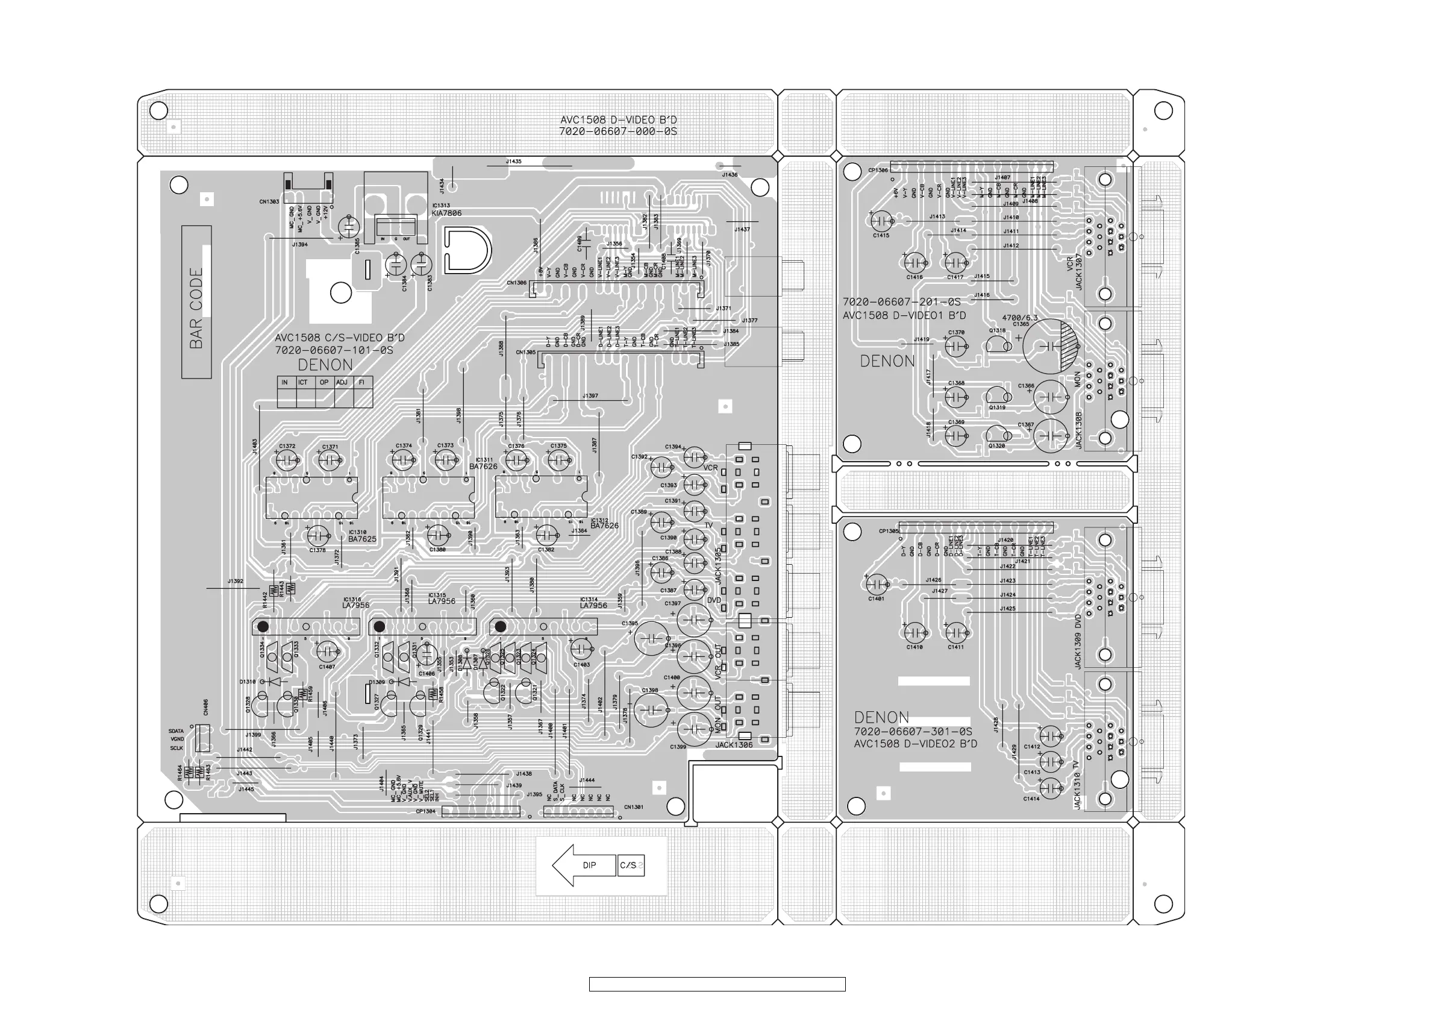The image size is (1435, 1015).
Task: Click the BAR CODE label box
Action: tap(196, 302)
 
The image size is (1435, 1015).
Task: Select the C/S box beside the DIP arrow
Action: tap(630, 865)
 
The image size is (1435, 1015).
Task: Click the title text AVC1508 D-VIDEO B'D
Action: tap(618, 119)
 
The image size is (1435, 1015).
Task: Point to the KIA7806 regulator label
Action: tap(446, 213)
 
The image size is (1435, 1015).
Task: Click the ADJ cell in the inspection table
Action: tap(342, 382)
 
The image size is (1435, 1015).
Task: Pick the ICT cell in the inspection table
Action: tap(303, 382)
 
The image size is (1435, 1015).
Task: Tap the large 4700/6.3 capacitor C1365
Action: tap(1051, 347)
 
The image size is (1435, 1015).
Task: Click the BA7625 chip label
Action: tap(363, 539)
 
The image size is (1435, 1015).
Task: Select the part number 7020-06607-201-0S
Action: tap(901, 302)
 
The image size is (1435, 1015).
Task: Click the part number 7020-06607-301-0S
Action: tap(913, 732)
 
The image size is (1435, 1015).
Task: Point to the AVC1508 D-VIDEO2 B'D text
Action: tap(915, 744)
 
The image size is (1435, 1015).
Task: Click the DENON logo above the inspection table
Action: tap(325, 365)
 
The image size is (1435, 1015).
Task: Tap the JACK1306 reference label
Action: tap(734, 745)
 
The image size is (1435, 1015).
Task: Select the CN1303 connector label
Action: tap(269, 202)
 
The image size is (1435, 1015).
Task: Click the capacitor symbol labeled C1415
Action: tap(881, 220)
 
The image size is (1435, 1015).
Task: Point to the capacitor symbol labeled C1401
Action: tap(877, 584)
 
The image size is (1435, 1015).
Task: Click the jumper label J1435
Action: tap(514, 162)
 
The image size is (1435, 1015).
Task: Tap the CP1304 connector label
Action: tap(426, 812)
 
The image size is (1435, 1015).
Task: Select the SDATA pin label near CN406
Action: tap(177, 731)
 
